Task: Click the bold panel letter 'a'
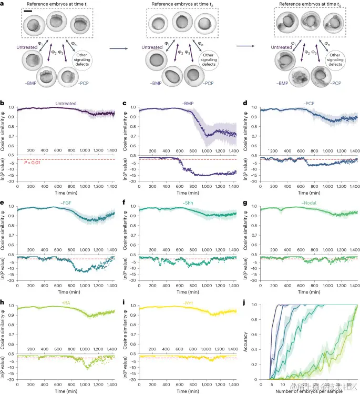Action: pyautogui.click(x=4, y=4)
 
